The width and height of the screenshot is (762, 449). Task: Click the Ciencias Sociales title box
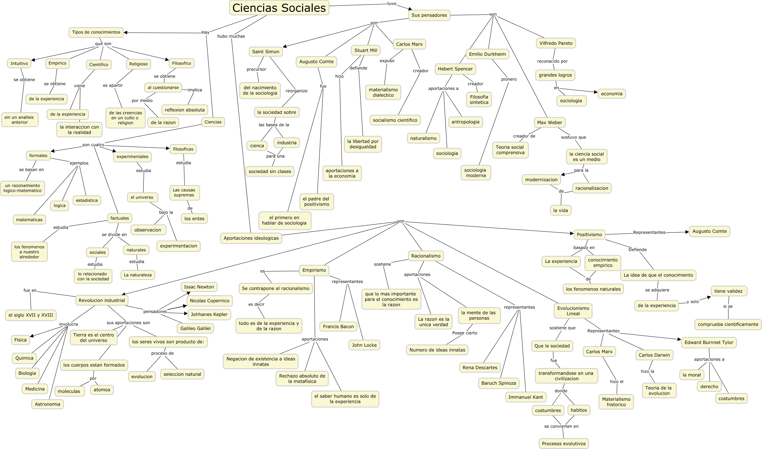tap(279, 8)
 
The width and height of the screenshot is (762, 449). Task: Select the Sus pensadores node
tap(429, 15)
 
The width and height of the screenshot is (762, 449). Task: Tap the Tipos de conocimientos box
tap(96, 32)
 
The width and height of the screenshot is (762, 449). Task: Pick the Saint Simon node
tap(266, 52)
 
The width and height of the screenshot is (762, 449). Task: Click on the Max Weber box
tap(549, 122)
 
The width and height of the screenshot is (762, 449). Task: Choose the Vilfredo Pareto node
tap(556, 43)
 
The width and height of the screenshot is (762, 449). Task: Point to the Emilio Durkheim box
tap(487, 54)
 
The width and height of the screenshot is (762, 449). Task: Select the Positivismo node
tap(589, 235)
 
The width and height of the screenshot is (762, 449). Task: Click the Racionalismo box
tap(426, 256)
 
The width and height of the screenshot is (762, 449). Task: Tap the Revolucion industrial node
tap(102, 300)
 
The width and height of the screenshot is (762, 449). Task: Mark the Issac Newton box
tap(199, 287)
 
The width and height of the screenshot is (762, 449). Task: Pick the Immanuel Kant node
tap(526, 397)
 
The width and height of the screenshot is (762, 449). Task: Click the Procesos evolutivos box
tap(564, 444)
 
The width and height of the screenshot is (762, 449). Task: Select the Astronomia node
tap(48, 404)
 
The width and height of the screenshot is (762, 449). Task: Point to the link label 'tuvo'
tap(391, 3)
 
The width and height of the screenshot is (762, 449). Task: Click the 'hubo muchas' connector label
tap(231, 36)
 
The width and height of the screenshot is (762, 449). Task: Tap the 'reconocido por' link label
tap(552, 61)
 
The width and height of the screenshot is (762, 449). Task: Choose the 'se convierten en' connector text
tap(561, 426)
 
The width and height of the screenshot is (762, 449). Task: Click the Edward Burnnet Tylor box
tap(709, 342)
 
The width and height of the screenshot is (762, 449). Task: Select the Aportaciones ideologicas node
tap(251, 238)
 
